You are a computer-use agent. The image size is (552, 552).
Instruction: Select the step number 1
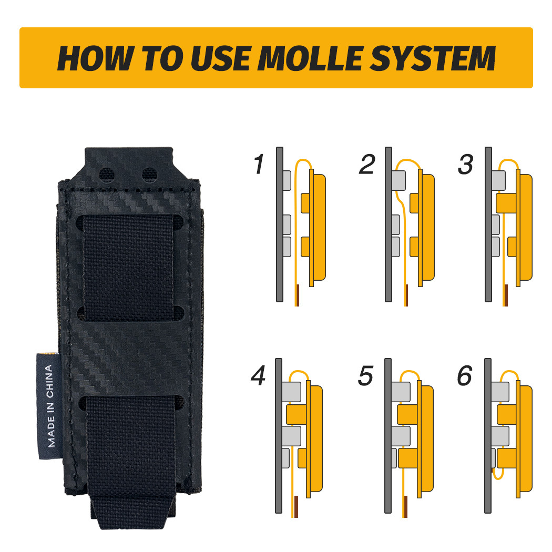coord(259,165)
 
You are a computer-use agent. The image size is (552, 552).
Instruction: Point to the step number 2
coord(366,165)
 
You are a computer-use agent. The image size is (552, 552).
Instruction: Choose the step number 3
coord(466,165)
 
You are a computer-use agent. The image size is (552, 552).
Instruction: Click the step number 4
coord(258,376)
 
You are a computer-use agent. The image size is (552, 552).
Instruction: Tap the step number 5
coord(366,376)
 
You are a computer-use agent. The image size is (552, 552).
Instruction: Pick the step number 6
coord(465,376)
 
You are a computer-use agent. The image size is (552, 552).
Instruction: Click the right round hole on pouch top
coord(149,172)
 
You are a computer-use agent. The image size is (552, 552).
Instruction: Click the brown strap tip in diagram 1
coord(298,295)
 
